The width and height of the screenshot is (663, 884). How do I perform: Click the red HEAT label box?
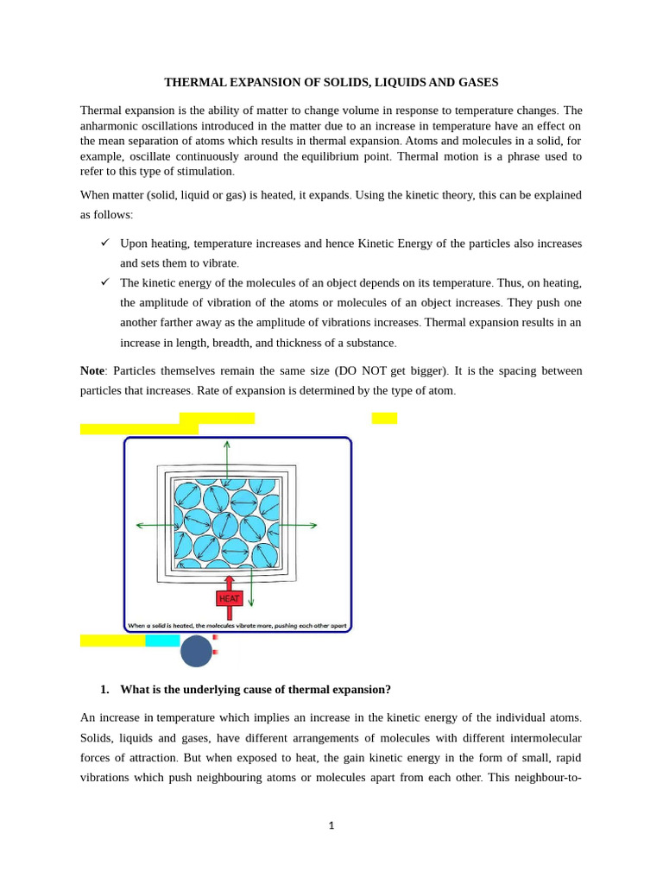click(x=229, y=598)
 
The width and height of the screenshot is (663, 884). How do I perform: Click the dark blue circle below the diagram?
click(x=196, y=651)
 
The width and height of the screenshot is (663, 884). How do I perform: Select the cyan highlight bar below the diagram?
click(x=162, y=641)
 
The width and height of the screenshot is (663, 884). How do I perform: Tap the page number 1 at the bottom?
click(x=331, y=825)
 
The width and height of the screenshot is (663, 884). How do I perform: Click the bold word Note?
click(x=92, y=370)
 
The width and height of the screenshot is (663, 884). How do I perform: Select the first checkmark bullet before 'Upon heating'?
click(x=104, y=243)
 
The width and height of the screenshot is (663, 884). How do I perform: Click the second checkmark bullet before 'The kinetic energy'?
click(x=104, y=281)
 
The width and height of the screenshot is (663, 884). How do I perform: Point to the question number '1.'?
click(x=104, y=689)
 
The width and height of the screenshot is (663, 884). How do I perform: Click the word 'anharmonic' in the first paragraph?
click(x=110, y=126)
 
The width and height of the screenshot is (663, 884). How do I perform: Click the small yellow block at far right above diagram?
click(x=384, y=418)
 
